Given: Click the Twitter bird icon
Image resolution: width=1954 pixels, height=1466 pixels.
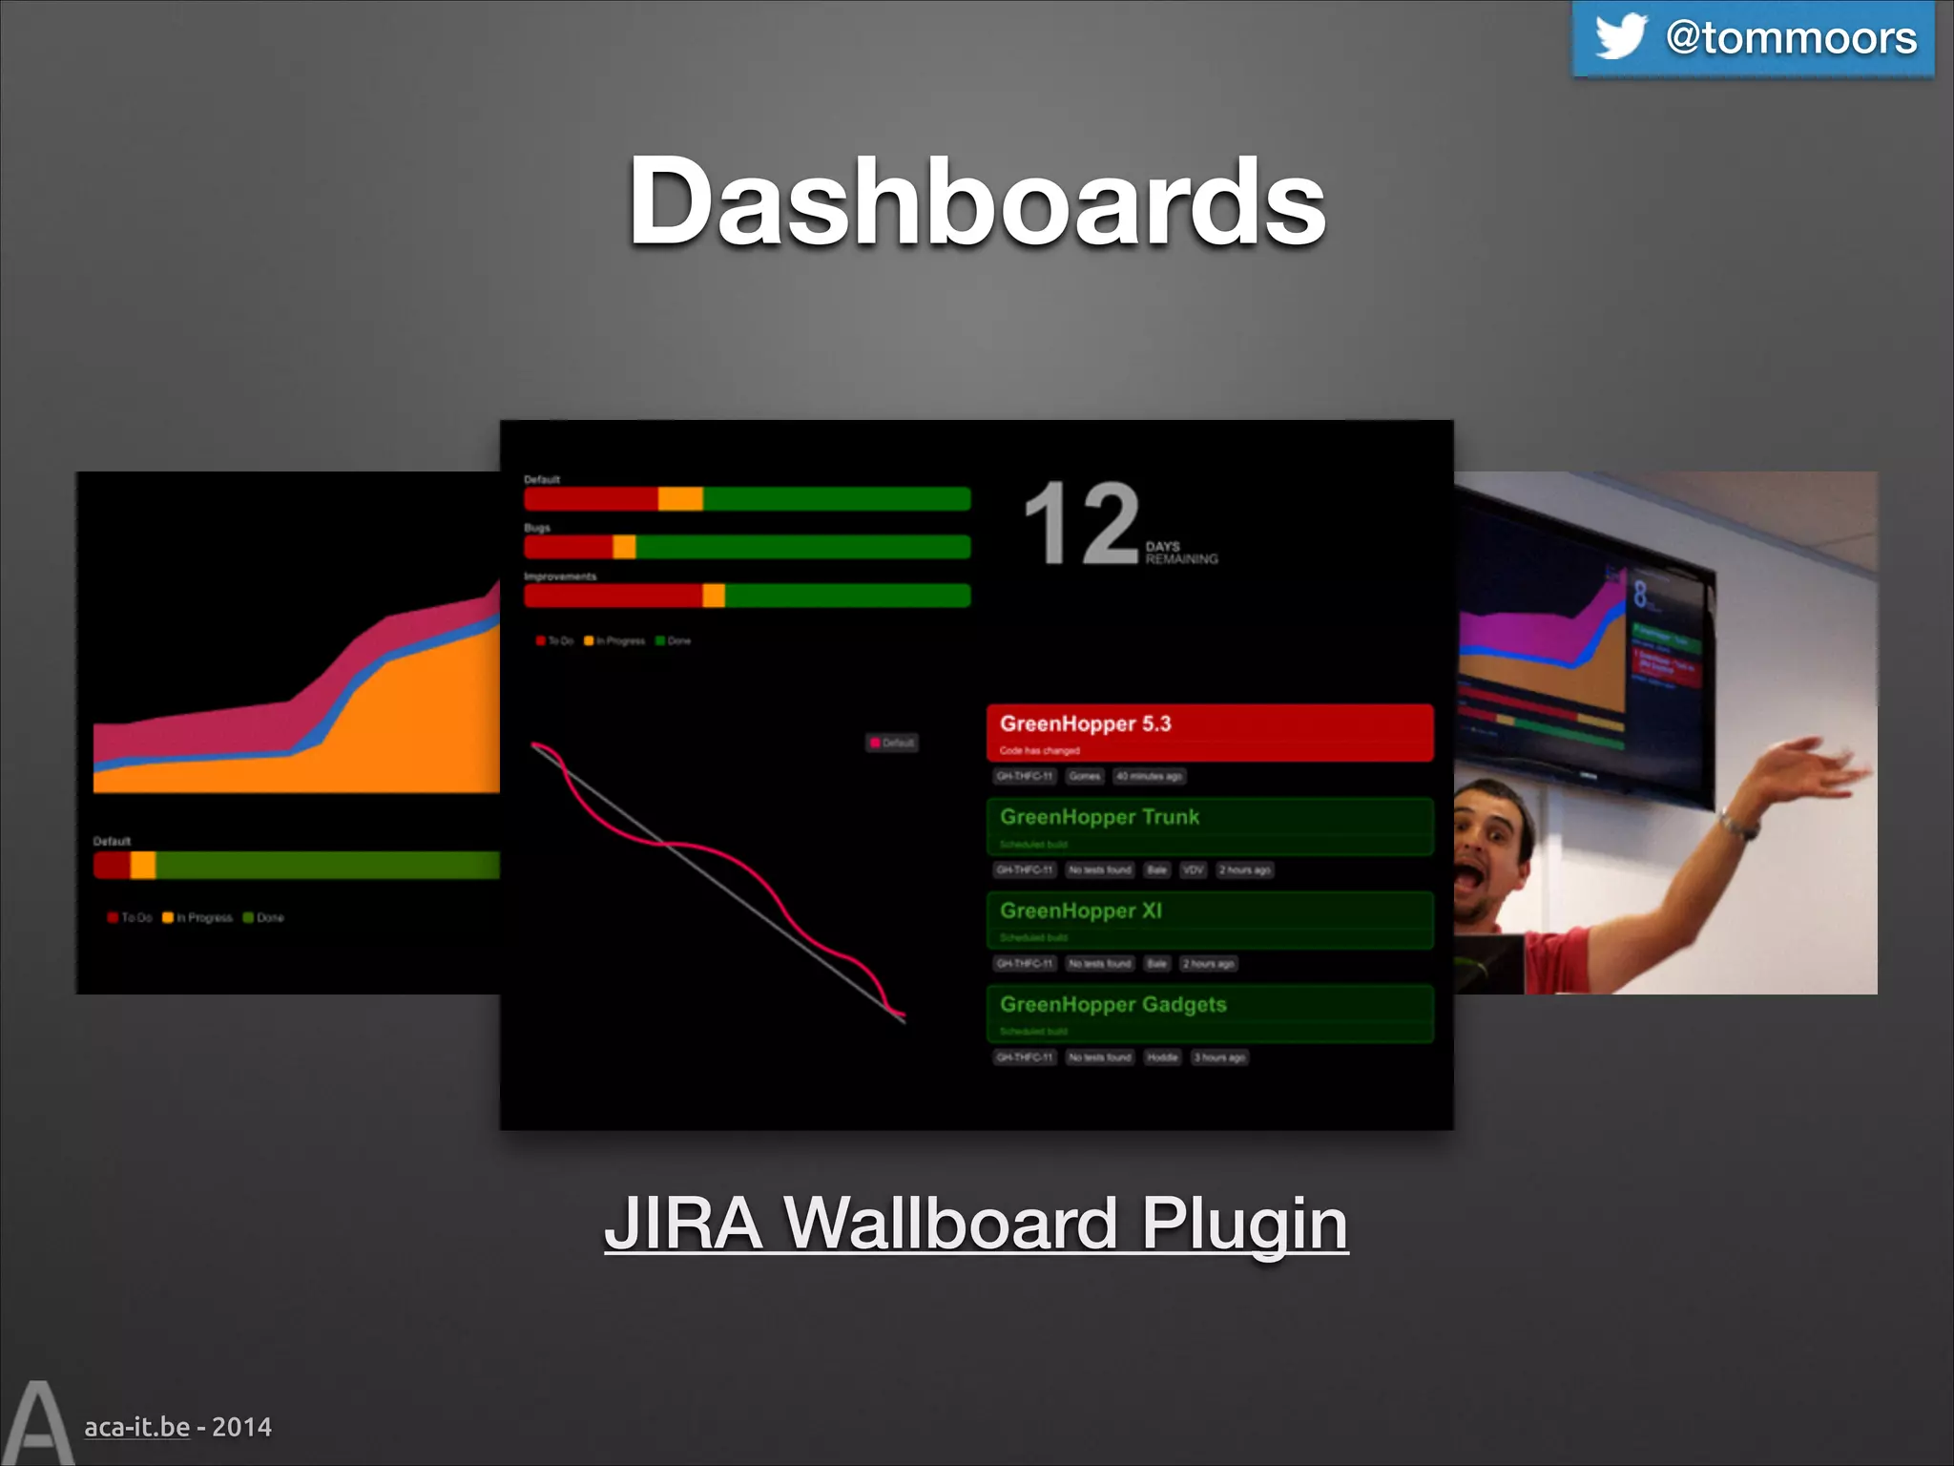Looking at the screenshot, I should pos(1620,36).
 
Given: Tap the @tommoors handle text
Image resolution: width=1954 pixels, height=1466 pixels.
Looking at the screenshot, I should pos(1791,38).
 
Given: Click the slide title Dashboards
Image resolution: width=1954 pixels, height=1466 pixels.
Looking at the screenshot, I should pos(976,202).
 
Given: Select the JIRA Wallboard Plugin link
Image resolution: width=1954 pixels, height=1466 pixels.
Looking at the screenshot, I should pos(976,1224).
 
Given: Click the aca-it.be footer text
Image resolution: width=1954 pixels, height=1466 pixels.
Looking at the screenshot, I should pos(137,1427).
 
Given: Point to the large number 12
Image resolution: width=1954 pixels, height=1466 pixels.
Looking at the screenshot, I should pos(1081,523).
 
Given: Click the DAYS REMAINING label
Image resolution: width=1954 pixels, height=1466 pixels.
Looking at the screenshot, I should pos(1181,553).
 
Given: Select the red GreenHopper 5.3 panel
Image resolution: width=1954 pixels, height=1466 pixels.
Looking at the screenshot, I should pos(1209,733).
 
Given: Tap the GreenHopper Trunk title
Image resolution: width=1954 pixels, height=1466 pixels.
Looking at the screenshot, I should pos(1099,817).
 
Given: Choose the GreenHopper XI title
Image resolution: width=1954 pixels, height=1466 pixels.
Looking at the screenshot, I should pos(1081,911).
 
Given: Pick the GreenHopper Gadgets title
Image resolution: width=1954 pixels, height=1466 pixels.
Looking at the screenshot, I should pos(1112,1004).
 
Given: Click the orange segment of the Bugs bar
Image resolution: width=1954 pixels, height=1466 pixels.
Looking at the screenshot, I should pos(624,547).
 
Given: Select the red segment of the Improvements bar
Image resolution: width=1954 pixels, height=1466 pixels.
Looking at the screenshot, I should pos(613,596).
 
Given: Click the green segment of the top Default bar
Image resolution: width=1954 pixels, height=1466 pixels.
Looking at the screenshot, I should pos(836,498).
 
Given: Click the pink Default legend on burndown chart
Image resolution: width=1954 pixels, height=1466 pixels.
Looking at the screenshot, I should pos(892,743).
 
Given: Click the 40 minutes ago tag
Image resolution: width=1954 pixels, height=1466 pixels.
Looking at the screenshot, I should pos(1149,776).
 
